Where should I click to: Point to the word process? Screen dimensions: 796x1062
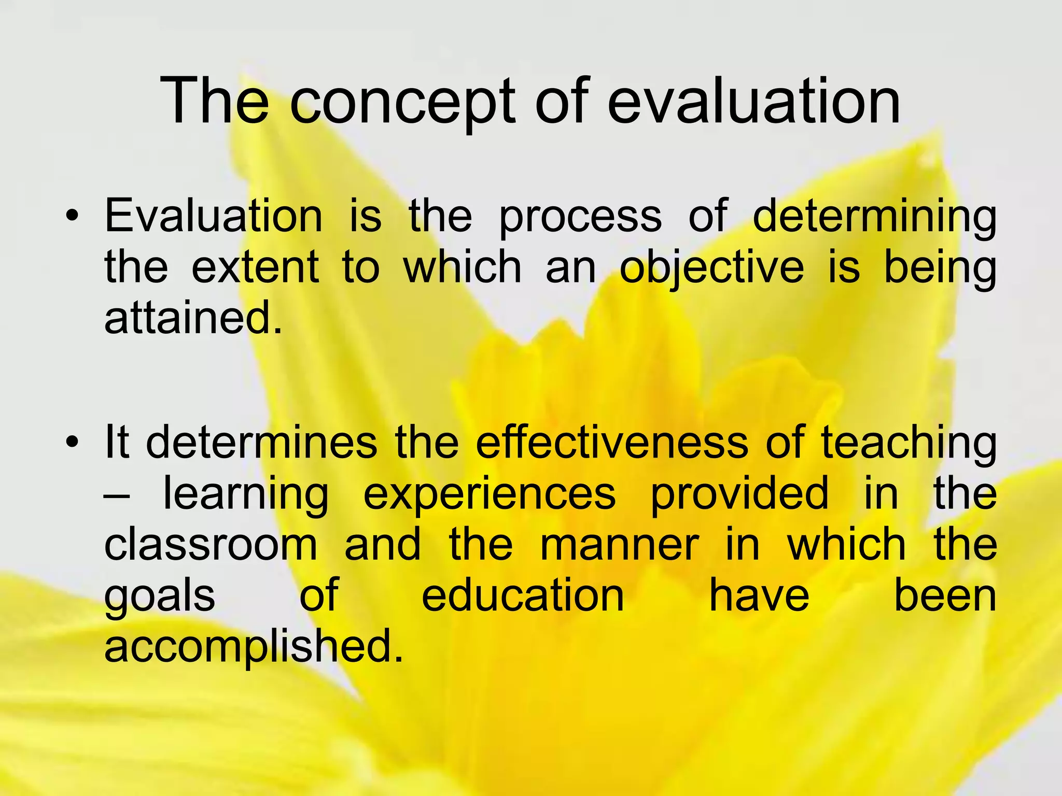[580, 217]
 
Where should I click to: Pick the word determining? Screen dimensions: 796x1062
[874, 217]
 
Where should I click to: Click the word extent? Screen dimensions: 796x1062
[255, 267]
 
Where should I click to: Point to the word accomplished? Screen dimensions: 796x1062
[254, 647]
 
